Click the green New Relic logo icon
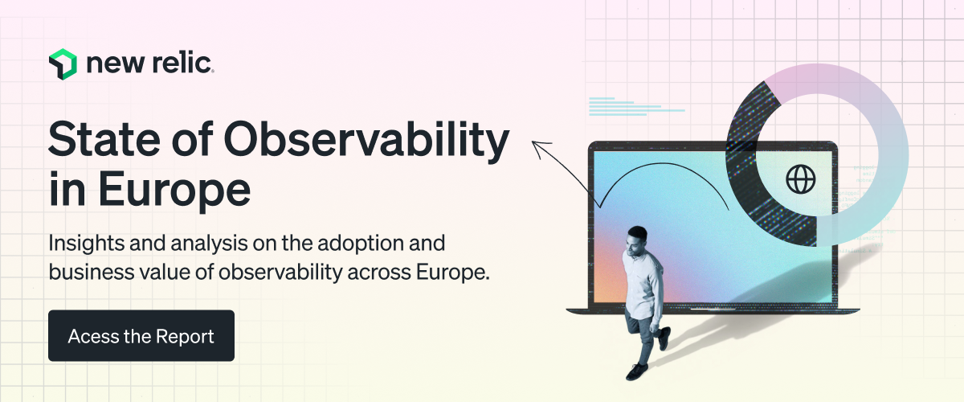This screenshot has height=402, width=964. (63, 64)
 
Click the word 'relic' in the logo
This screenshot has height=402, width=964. (182, 64)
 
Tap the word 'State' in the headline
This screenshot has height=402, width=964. (104, 140)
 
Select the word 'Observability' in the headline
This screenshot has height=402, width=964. (366, 142)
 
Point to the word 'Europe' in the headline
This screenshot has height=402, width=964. (174, 190)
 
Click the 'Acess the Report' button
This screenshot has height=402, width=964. (141, 335)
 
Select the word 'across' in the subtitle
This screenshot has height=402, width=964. (378, 273)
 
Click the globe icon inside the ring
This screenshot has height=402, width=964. (800, 179)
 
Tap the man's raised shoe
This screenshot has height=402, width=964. (664, 338)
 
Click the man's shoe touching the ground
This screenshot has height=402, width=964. (637, 371)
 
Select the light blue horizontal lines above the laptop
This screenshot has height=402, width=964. (636, 106)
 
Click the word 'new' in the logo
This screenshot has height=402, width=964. (116, 64)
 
